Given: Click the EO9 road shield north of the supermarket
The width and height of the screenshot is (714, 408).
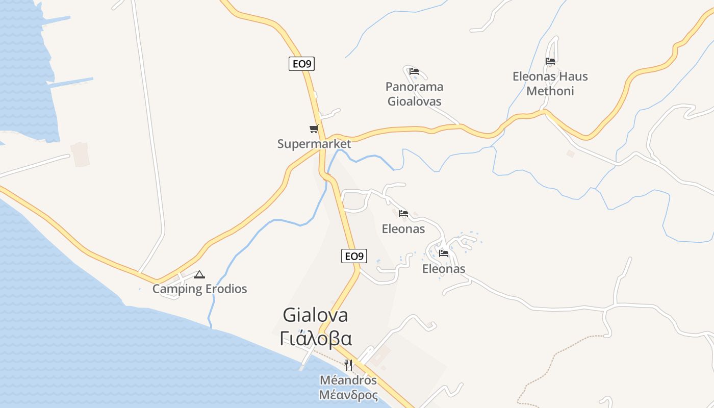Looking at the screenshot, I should point(301,64).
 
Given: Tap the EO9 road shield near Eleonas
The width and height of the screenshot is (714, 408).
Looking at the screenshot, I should point(354,256).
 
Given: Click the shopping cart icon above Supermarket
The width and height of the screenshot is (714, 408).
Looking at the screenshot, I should point(314,129).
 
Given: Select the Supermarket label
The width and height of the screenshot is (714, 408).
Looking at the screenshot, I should point(314,144).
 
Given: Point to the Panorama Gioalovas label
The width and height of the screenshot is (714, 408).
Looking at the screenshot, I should point(414,94).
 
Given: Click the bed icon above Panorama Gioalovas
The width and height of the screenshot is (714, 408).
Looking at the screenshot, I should point(414,71).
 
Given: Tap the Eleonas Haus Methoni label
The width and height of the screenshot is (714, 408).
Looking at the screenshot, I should point(550,84).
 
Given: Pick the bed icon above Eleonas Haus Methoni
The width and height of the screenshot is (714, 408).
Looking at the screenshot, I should point(550,61).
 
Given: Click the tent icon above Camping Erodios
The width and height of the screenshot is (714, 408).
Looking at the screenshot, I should point(199,274).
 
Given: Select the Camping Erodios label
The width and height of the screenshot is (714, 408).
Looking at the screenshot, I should point(200,289).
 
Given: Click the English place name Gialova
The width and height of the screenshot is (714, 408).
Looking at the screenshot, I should point(315,315).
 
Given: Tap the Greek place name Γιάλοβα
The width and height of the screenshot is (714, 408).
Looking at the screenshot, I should point(316,338).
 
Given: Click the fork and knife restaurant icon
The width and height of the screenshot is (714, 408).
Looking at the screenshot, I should point(348,365).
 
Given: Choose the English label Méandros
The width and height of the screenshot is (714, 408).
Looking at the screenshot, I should point(348,380).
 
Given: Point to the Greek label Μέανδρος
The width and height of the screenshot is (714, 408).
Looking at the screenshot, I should point(348,395).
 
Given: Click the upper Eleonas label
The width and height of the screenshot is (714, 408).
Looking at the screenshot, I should point(403,229).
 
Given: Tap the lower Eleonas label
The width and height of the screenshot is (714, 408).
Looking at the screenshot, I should point(444,269).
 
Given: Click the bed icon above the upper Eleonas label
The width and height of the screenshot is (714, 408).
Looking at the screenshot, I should point(403,214).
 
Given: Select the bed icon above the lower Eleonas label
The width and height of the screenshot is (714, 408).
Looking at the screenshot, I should point(444,253).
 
